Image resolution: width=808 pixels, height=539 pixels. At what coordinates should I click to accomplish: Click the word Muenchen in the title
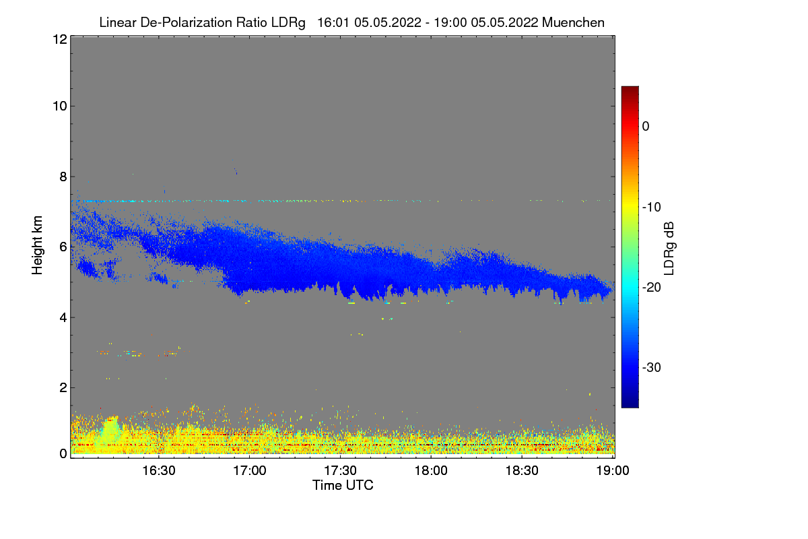pos(573,22)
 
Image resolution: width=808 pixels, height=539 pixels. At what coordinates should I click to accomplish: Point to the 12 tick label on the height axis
pos(59,39)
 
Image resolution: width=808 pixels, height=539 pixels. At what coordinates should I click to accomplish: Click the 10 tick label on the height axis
pos(59,106)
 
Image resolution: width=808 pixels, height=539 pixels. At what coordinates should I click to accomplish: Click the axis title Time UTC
pos(343,485)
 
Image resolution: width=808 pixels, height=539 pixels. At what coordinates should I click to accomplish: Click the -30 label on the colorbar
pos(655,368)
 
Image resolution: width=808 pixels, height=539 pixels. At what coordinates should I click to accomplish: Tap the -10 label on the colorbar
pos(655,207)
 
